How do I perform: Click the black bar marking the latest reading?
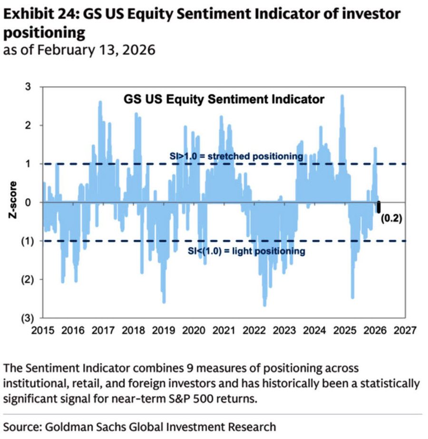pos(379,207)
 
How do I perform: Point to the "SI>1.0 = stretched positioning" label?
pos(236,156)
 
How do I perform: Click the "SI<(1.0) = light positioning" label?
pos(246,251)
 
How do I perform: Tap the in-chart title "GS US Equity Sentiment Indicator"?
pos(224,99)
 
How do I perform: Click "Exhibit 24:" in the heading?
pos(40,14)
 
